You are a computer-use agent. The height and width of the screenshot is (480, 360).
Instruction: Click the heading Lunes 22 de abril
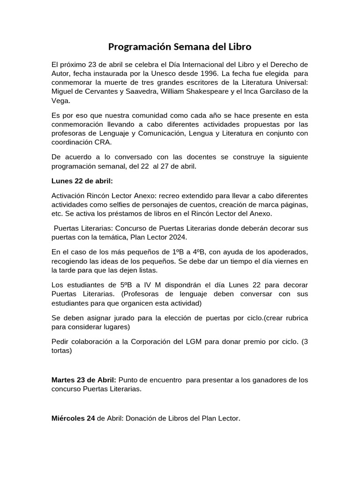[82, 181]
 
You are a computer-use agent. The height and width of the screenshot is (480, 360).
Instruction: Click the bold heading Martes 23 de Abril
[83, 380]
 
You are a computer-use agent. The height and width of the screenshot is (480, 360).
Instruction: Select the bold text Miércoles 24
[73, 419]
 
